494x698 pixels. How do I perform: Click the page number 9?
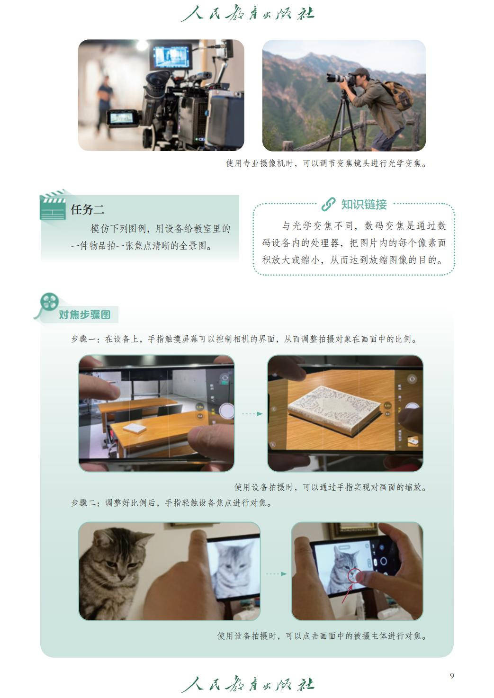pos(452,676)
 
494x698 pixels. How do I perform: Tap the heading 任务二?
pos(88,209)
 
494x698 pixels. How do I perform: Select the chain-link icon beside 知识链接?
pos(329,204)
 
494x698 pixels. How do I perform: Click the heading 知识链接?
pos(364,205)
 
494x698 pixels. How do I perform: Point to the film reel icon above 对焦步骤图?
pos(49,302)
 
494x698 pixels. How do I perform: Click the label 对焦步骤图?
pos(85,315)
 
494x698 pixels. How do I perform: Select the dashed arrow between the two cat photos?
pos(276,573)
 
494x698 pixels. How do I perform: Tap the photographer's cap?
pos(359,72)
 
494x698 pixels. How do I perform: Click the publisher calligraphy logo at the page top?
pos(247,13)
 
